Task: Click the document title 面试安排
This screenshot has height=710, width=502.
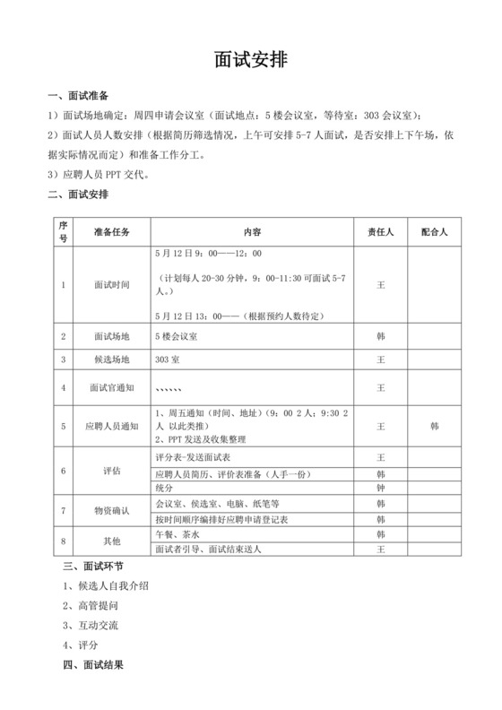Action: (x=251, y=59)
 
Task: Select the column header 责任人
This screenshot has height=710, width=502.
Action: (x=381, y=231)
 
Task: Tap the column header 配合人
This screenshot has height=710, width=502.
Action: (x=434, y=231)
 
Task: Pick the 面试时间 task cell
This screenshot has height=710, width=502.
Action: (x=111, y=285)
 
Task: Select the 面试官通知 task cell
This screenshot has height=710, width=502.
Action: (x=111, y=388)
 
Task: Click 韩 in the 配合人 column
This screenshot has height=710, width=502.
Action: (x=434, y=426)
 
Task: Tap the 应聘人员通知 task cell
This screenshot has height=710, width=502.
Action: (x=111, y=426)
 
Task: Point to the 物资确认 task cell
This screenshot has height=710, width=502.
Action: (x=111, y=511)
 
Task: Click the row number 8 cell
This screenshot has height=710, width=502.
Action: (x=63, y=541)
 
